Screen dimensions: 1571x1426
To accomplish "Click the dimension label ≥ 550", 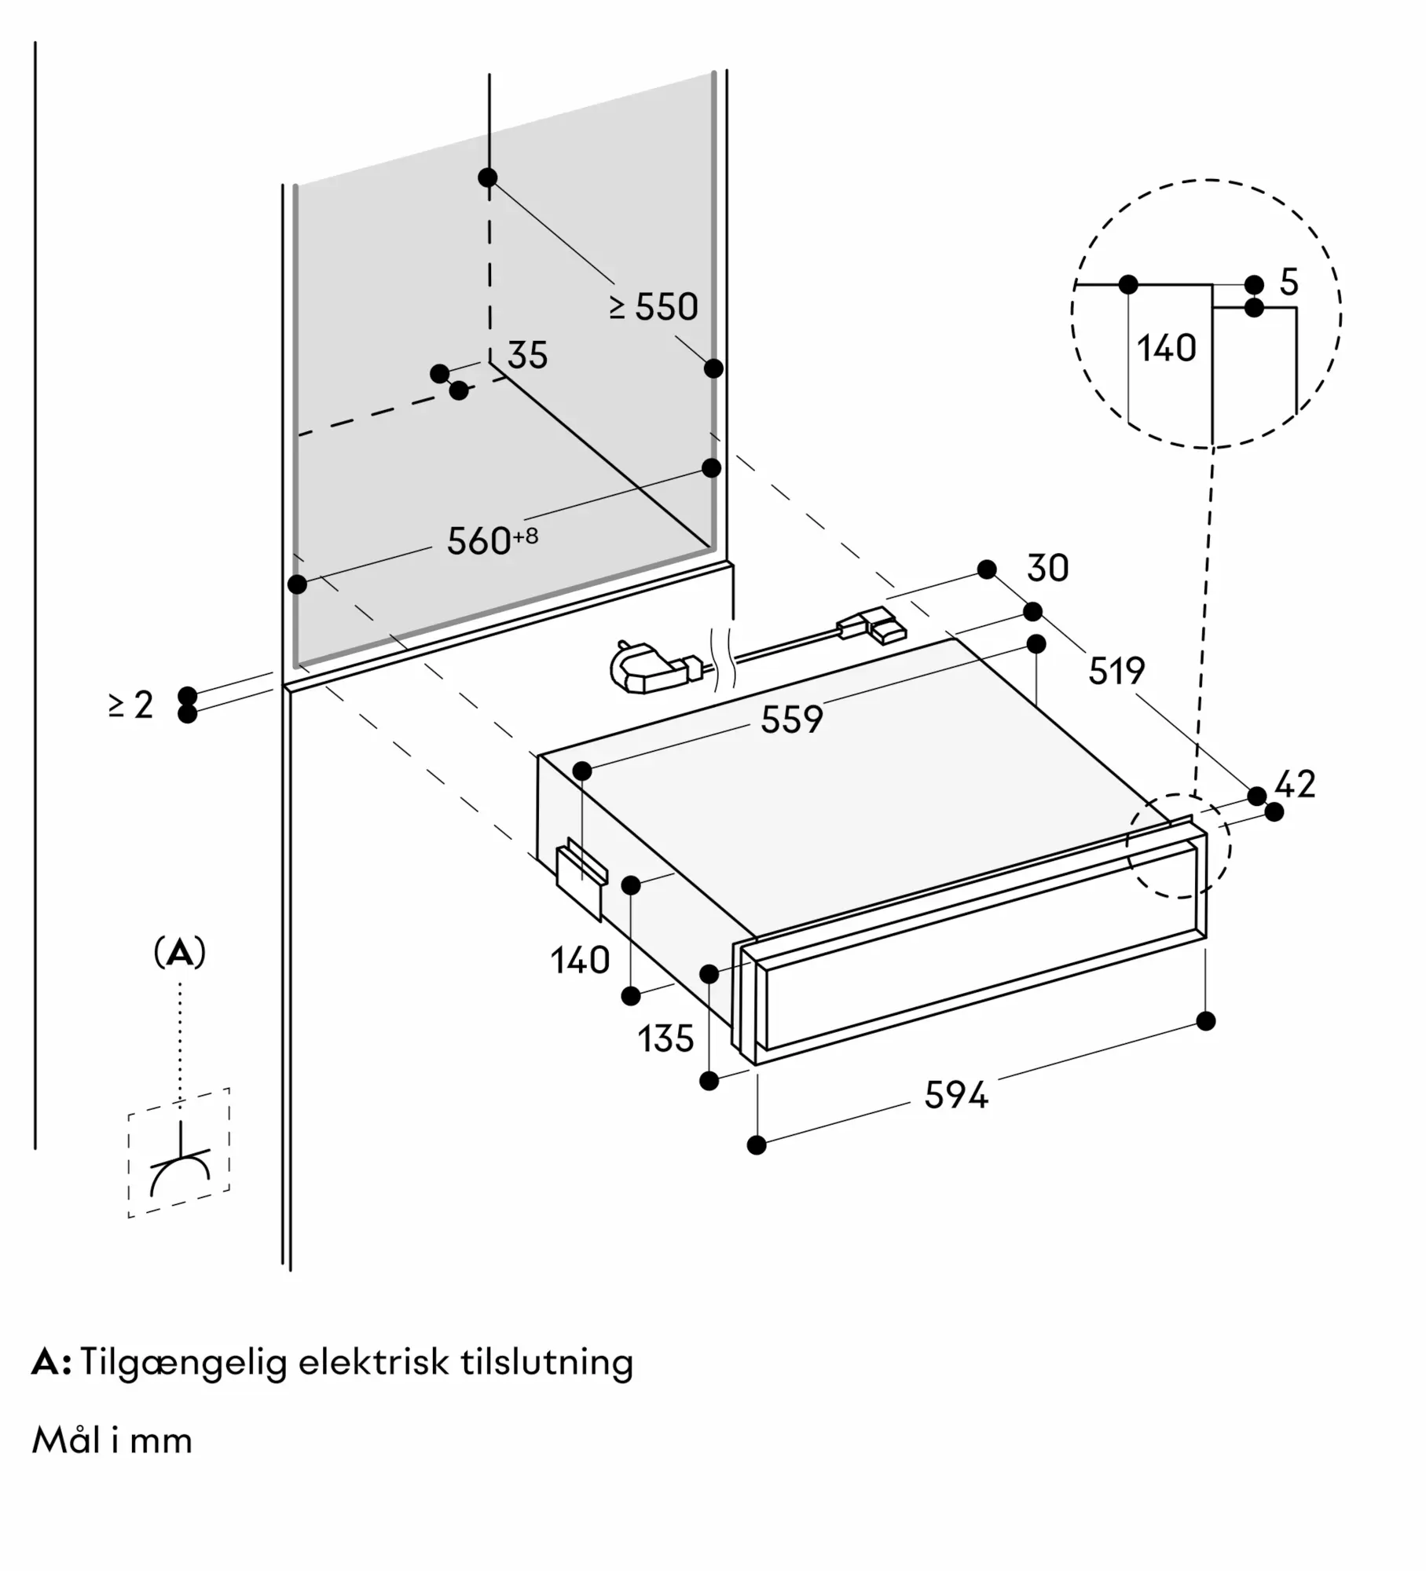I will [x=654, y=307].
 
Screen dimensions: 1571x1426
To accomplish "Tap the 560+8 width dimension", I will [x=492, y=540].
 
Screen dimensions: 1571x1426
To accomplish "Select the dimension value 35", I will [x=527, y=355].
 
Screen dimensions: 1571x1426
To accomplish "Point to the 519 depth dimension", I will [x=1116, y=671].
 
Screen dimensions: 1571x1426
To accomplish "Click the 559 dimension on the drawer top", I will [x=791, y=720].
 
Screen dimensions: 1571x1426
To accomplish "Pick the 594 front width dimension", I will [x=955, y=1095].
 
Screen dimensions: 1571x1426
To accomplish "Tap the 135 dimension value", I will [x=665, y=1039].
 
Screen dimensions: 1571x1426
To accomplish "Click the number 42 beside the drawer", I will [x=1294, y=784].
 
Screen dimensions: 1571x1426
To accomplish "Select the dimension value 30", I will [x=1047, y=569].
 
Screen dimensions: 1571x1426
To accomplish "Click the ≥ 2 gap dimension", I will [x=130, y=705].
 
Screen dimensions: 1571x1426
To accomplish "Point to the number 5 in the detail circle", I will [x=1289, y=282].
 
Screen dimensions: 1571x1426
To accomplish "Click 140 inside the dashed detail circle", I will [x=1166, y=348].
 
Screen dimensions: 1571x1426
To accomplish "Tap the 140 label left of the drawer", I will [x=580, y=961].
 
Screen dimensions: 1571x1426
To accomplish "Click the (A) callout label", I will [x=180, y=954].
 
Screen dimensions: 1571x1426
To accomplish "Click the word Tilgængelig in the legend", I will [x=183, y=1363].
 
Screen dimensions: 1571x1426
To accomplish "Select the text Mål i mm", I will [x=112, y=1441].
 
